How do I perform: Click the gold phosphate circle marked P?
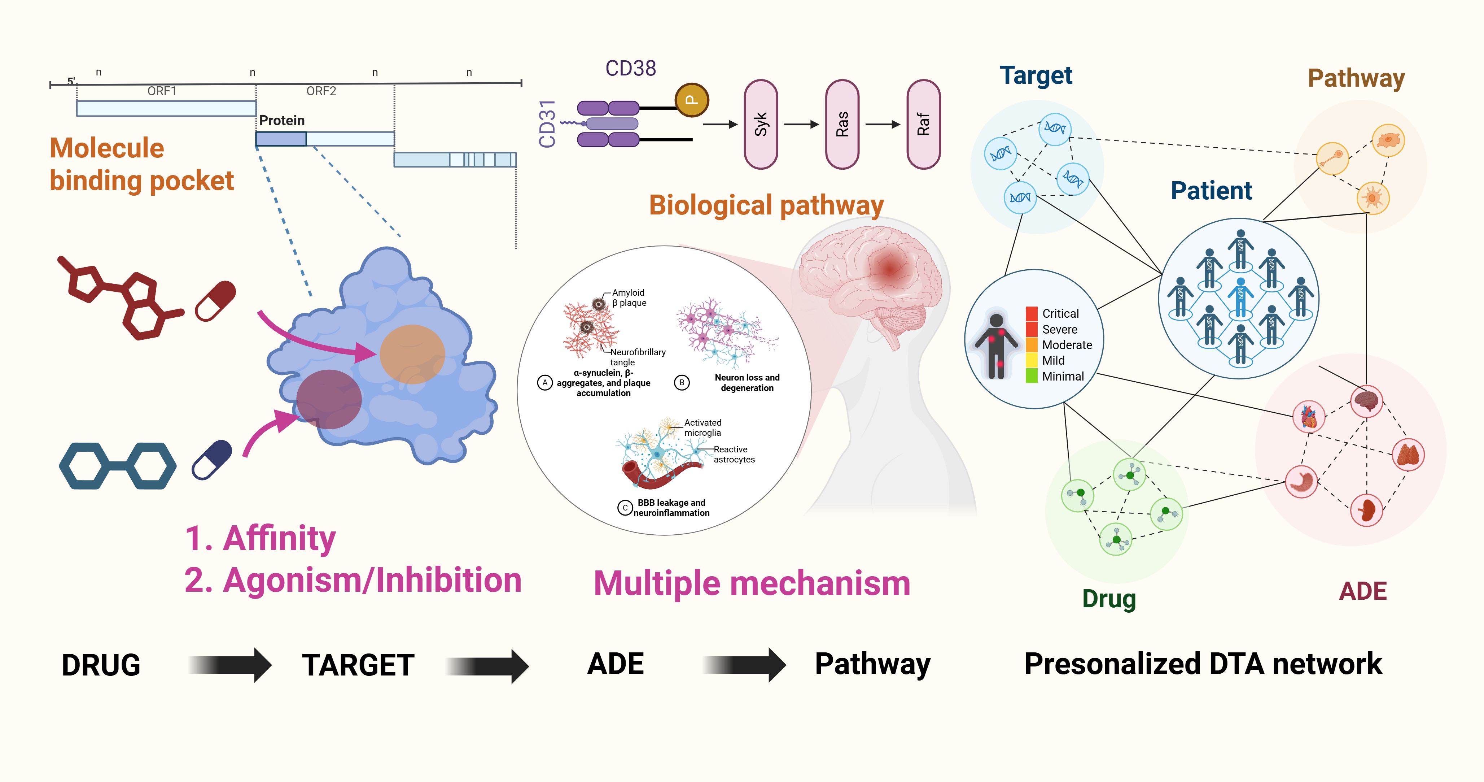[691, 100]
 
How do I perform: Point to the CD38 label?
[630, 69]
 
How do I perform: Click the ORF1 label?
[162, 91]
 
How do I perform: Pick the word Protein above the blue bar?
[282, 121]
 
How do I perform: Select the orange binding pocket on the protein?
[412, 354]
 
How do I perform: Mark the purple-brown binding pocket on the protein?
[329, 399]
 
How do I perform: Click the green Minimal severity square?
[1031, 376]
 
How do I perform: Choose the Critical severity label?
[1060, 313]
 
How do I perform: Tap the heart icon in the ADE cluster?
[1309, 417]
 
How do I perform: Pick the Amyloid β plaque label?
[629, 298]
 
